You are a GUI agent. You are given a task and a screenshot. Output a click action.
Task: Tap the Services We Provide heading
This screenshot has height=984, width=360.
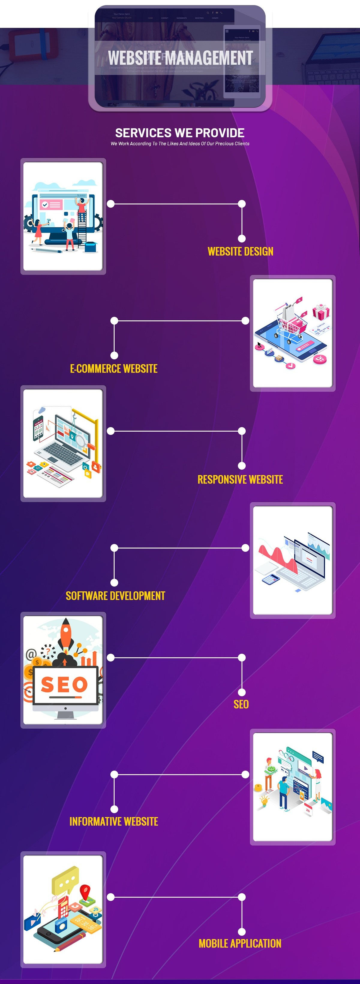pos(180,133)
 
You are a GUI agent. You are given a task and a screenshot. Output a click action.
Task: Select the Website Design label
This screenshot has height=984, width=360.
pos(240,251)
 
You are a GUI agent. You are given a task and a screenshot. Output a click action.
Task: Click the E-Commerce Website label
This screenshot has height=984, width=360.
pos(113,369)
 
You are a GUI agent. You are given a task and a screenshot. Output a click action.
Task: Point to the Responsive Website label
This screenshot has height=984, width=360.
pos(240,479)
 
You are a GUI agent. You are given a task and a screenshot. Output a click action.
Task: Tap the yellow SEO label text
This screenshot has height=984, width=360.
pos(241,704)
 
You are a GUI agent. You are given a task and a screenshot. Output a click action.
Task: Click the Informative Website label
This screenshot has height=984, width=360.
pos(113,821)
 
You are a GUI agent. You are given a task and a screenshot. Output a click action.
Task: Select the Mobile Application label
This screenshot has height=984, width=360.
pos(240,944)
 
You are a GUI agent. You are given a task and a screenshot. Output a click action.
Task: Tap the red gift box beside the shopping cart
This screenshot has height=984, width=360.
pos(321,313)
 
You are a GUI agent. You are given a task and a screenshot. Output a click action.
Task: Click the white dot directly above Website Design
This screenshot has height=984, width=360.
pos(241,238)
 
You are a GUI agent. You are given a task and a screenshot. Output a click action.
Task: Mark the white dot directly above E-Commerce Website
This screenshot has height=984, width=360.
pos(114,355)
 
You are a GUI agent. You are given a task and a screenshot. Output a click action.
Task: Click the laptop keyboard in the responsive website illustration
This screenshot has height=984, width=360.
pos(63,455)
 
